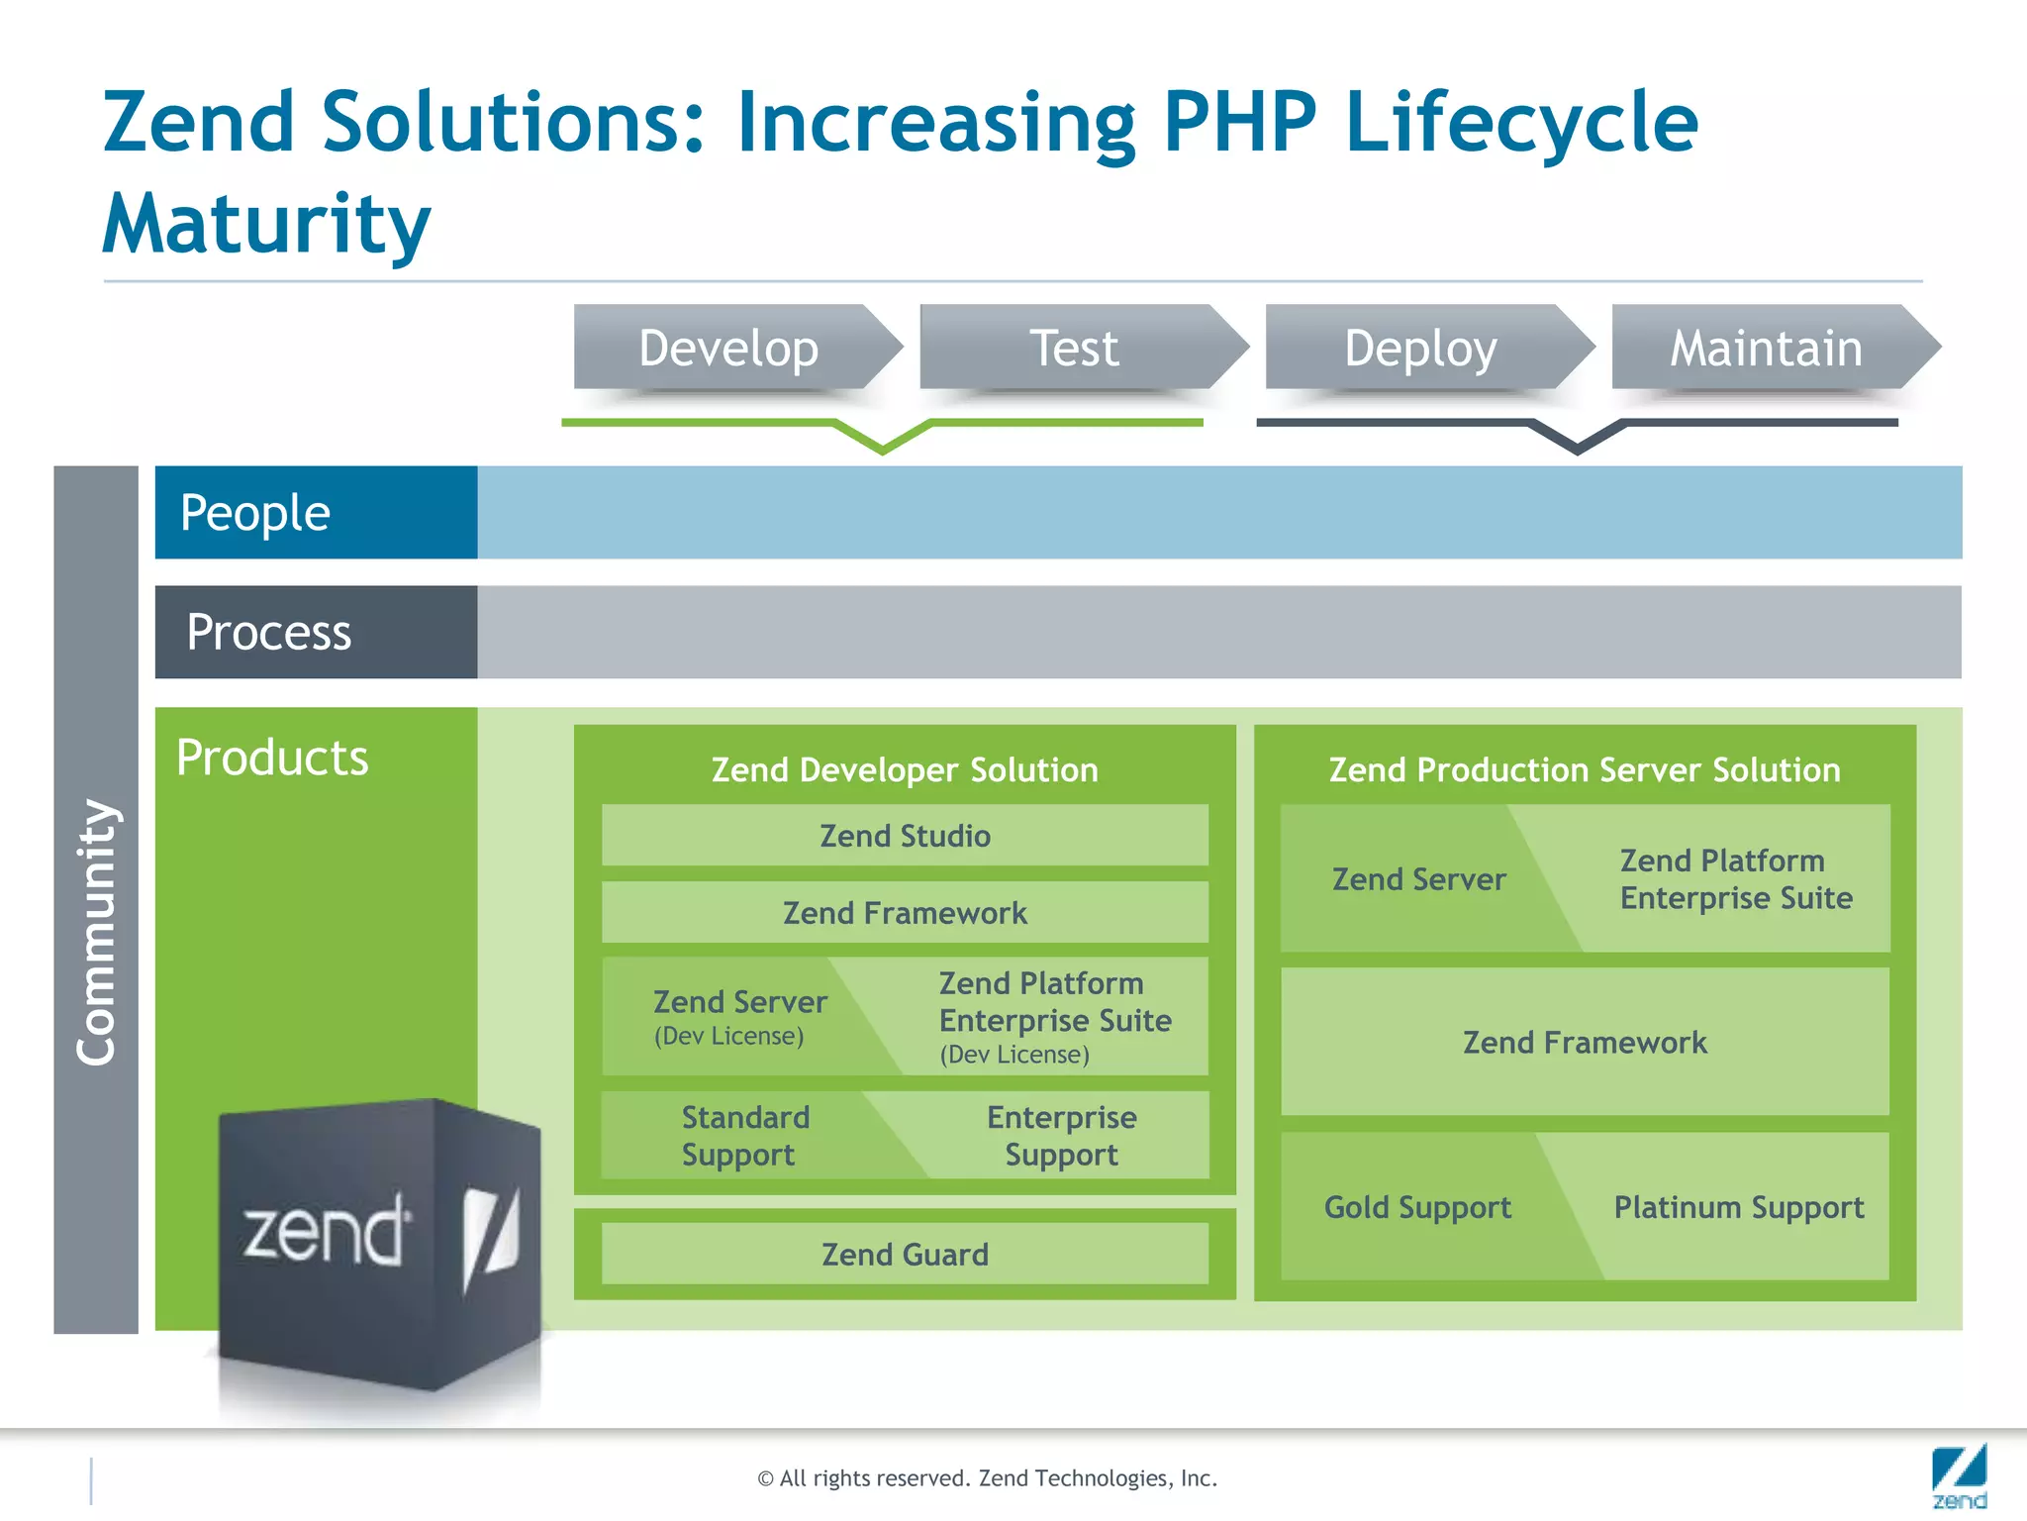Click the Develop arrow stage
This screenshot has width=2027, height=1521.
(x=729, y=348)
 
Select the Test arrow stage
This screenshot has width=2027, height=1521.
(x=1075, y=348)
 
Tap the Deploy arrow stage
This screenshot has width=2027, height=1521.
(x=1420, y=348)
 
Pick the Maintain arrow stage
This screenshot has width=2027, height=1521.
(x=1767, y=348)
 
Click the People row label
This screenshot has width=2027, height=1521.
(x=255, y=513)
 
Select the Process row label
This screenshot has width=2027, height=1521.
(x=269, y=632)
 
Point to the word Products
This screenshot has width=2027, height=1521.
(x=272, y=758)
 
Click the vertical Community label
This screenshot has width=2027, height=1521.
(x=96, y=931)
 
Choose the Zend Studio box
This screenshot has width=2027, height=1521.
(x=905, y=836)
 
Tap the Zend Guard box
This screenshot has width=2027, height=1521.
(x=905, y=1255)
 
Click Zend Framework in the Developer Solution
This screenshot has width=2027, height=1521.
(x=905, y=912)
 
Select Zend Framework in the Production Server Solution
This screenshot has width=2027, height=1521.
(x=1585, y=1042)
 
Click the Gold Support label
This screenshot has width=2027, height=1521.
(x=1417, y=1207)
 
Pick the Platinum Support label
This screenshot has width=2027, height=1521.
(x=1739, y=1207)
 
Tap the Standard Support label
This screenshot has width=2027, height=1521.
(x=744, y=1136)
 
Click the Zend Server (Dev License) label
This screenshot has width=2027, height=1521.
(x=739, y=1016)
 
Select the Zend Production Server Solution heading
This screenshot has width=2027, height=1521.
(x=1585, y=769)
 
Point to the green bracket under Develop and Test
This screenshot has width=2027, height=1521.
(x=882, y=434)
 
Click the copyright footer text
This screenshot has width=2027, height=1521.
(x=987, y=1477)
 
